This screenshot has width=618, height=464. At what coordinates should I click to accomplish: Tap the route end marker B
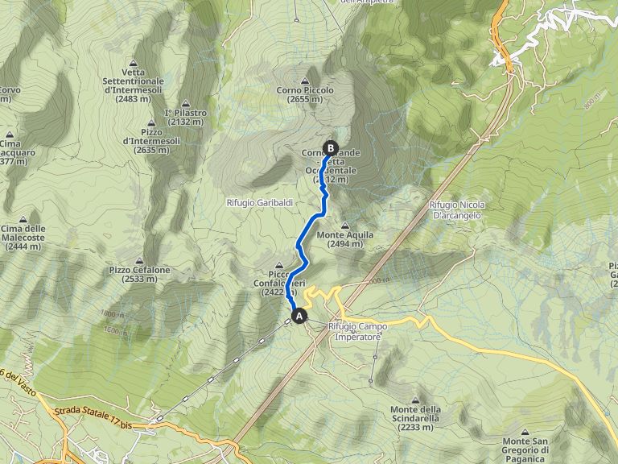(330, 147)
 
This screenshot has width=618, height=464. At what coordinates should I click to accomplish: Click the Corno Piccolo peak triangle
(304, 81)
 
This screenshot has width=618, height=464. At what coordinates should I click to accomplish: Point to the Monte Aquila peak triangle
(345, 226)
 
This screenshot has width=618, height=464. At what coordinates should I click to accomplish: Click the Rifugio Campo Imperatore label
(358, 331)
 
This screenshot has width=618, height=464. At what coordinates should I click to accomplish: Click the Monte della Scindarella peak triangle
(416, 400)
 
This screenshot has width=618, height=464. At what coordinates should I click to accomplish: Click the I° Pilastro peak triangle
(186, 103)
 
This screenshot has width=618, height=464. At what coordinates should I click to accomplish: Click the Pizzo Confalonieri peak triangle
(280, 265)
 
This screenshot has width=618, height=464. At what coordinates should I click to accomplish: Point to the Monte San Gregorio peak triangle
(526, 433)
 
